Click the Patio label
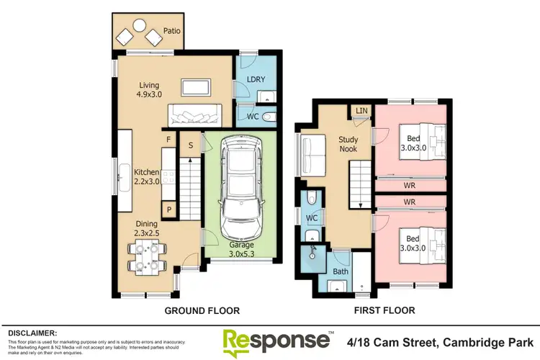[172, 32]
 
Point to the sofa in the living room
[194, 114]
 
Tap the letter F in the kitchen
[168, 139]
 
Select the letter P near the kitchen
[168, 210]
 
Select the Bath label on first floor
[340, 271]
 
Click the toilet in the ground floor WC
[267, 115]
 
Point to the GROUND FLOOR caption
[202, 310]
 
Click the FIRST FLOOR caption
[384, 310]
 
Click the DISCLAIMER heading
[33, 333]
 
